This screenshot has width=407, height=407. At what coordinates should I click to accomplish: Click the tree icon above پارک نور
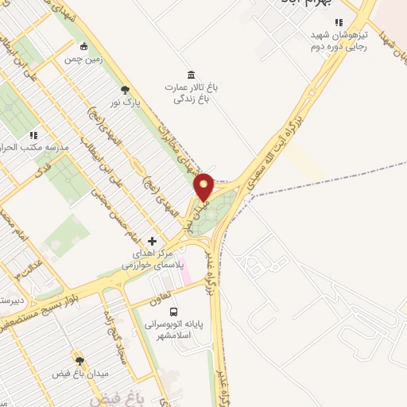point(124,89)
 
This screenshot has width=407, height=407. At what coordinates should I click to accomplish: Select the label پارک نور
point(126,103)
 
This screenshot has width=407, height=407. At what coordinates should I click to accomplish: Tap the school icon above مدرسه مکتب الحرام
point(33,135)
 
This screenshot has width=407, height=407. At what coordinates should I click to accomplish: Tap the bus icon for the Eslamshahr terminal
point(174,312)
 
